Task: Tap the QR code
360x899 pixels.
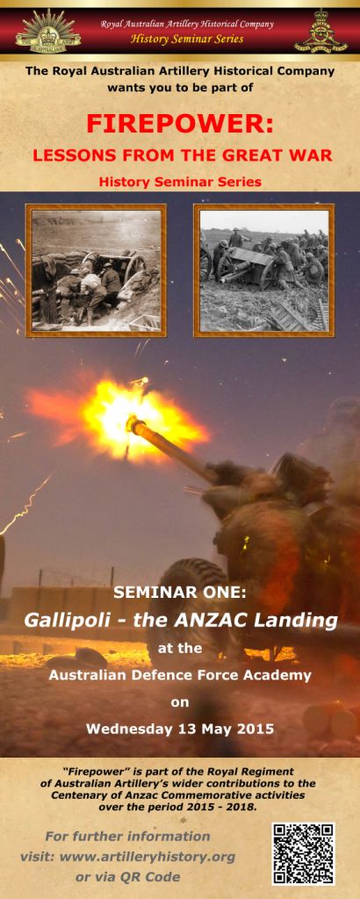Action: [303, 854]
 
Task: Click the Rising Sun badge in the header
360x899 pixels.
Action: [48, 32]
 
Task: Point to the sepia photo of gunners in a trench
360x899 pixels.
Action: [96, 270]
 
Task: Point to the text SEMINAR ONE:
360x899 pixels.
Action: [179, 593]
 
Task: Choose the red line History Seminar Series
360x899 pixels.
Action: [180, 182]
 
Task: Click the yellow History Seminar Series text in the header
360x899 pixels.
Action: [187, 40]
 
